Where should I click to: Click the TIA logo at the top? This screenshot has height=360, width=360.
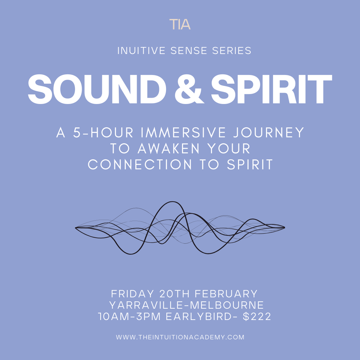pos(180,24)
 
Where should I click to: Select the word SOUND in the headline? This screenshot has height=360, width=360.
pos(97,89)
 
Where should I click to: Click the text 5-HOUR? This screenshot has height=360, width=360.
pos(103,133)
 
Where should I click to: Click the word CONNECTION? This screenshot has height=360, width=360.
pos(140,165)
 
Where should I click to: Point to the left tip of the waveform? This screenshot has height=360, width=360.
pos(76,228)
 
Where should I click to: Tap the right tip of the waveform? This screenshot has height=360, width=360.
pos(284,227)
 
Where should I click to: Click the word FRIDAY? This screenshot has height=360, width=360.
pos(133,294)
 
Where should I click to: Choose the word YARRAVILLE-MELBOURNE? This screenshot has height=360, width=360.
pos(186,305)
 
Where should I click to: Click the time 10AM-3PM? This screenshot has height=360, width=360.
pos(130,316)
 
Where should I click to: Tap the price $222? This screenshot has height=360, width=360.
pos(257,316)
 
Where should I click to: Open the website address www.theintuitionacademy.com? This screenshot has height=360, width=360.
pos(180,337)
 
